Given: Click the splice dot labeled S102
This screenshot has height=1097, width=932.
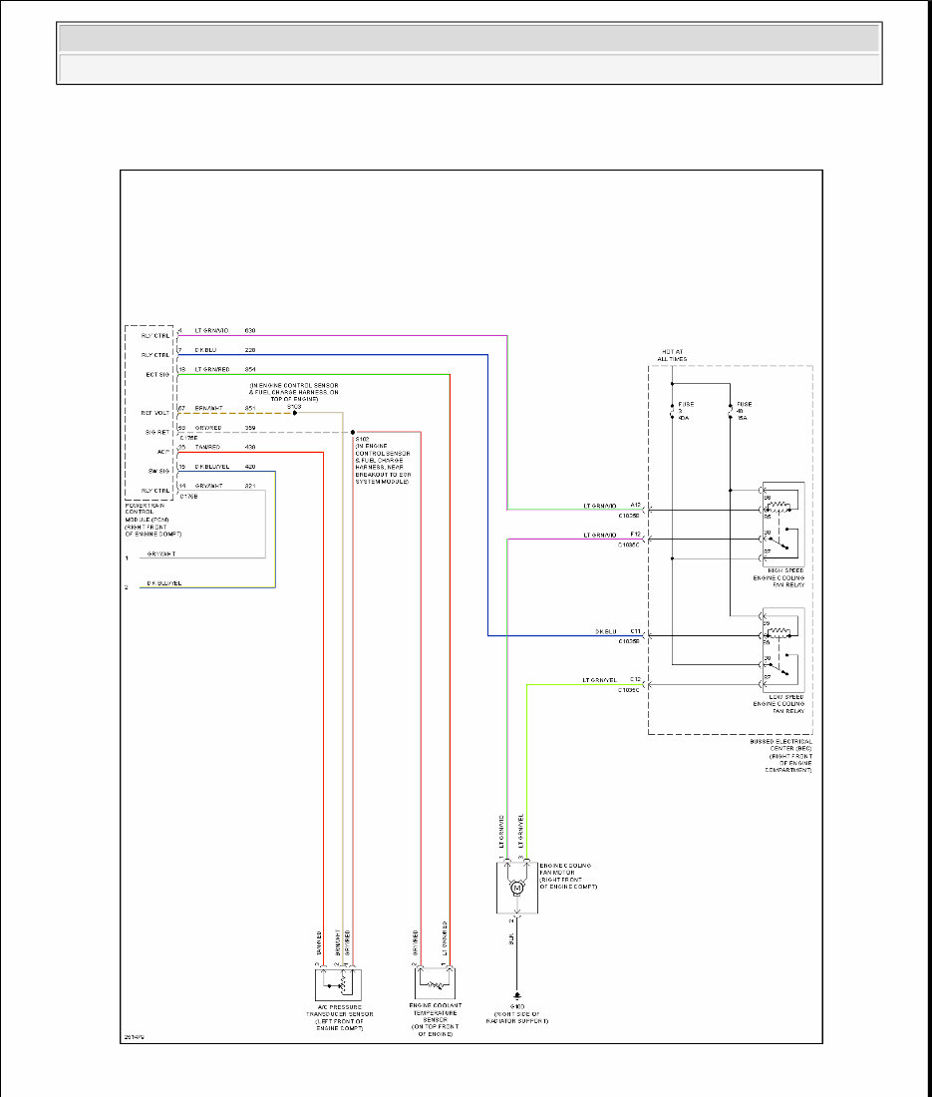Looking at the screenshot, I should click(353, 432).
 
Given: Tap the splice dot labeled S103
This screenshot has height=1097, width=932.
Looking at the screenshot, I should click(294, 412).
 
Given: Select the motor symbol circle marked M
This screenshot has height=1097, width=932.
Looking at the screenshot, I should click(516, 889).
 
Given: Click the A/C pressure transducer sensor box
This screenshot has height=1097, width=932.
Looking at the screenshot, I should click(338, 984).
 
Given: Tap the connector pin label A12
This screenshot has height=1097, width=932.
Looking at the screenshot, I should click(636, 505).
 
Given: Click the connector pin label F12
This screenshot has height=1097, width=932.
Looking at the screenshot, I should click(636, 536).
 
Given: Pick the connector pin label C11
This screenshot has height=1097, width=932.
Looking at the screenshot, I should click(636, 631).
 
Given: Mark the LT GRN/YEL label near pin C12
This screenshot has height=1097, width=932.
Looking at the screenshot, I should click(601, 680).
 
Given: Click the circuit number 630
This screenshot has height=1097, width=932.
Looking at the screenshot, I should click(250, 330).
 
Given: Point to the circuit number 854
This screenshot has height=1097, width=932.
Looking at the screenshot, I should click(250, 370).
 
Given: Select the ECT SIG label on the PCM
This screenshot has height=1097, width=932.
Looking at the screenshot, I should click(155, 374).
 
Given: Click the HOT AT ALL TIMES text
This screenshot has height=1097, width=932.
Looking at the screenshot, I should click(672, 356).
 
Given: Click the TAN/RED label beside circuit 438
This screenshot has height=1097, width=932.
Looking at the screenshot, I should click(207, 447).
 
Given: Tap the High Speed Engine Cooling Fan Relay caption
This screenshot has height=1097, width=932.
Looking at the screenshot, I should click(780, 577).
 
